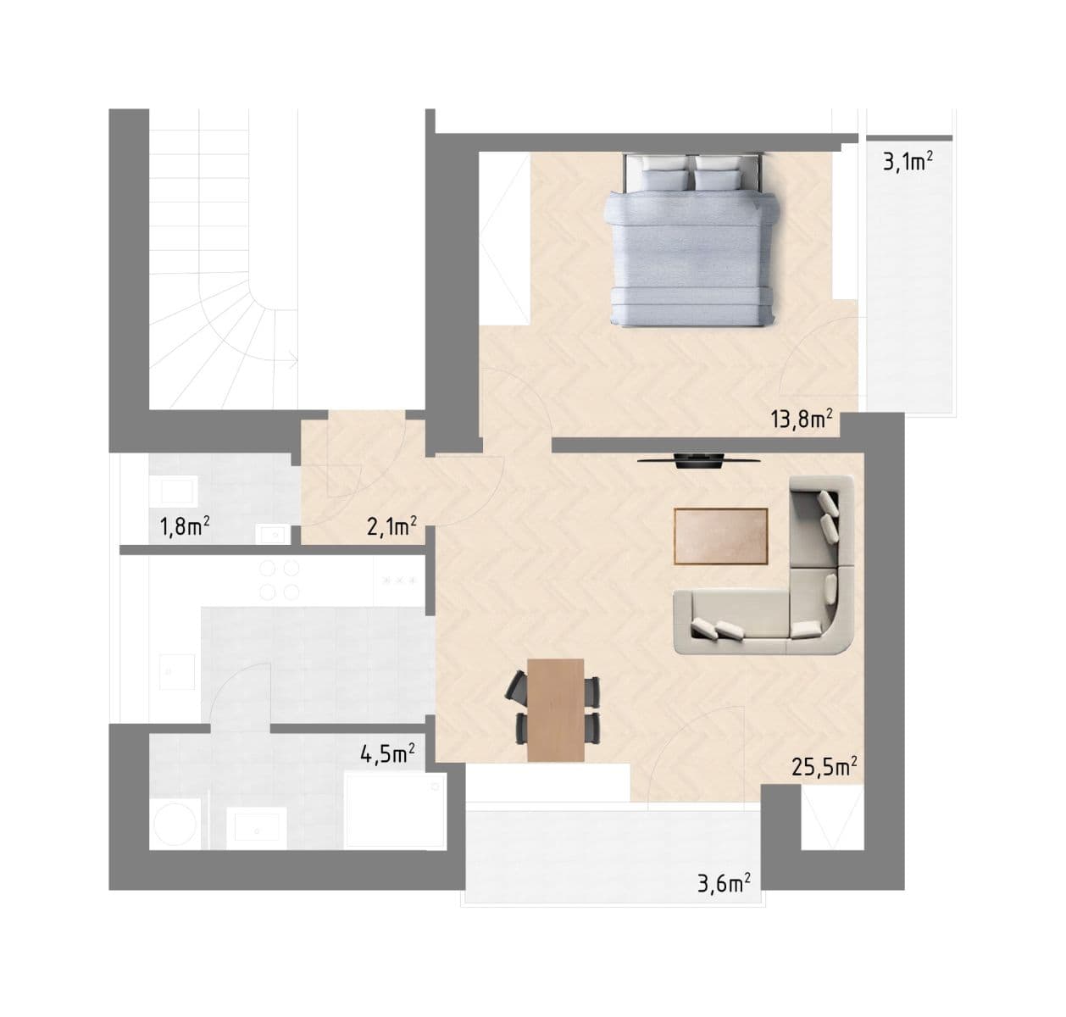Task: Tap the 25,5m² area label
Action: (x=824, y=767)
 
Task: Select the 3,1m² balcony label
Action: (x=908, y=161)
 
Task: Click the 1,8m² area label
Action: (x=185, y=527)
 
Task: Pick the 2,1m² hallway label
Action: (x=391, y=527)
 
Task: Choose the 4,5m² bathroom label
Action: (x=387, y=753)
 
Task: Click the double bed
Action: (x=692, y=246)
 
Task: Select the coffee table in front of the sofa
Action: (x=720, y=536)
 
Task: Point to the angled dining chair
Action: (x=517, y=686)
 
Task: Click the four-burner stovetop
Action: (x=279, y=580)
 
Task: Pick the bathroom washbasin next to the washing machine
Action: (x=256, y=825)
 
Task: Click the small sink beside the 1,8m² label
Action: (x=273, y=533)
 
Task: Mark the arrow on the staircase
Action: (x=291, y=362)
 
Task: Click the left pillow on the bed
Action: (x=666, y=179)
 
